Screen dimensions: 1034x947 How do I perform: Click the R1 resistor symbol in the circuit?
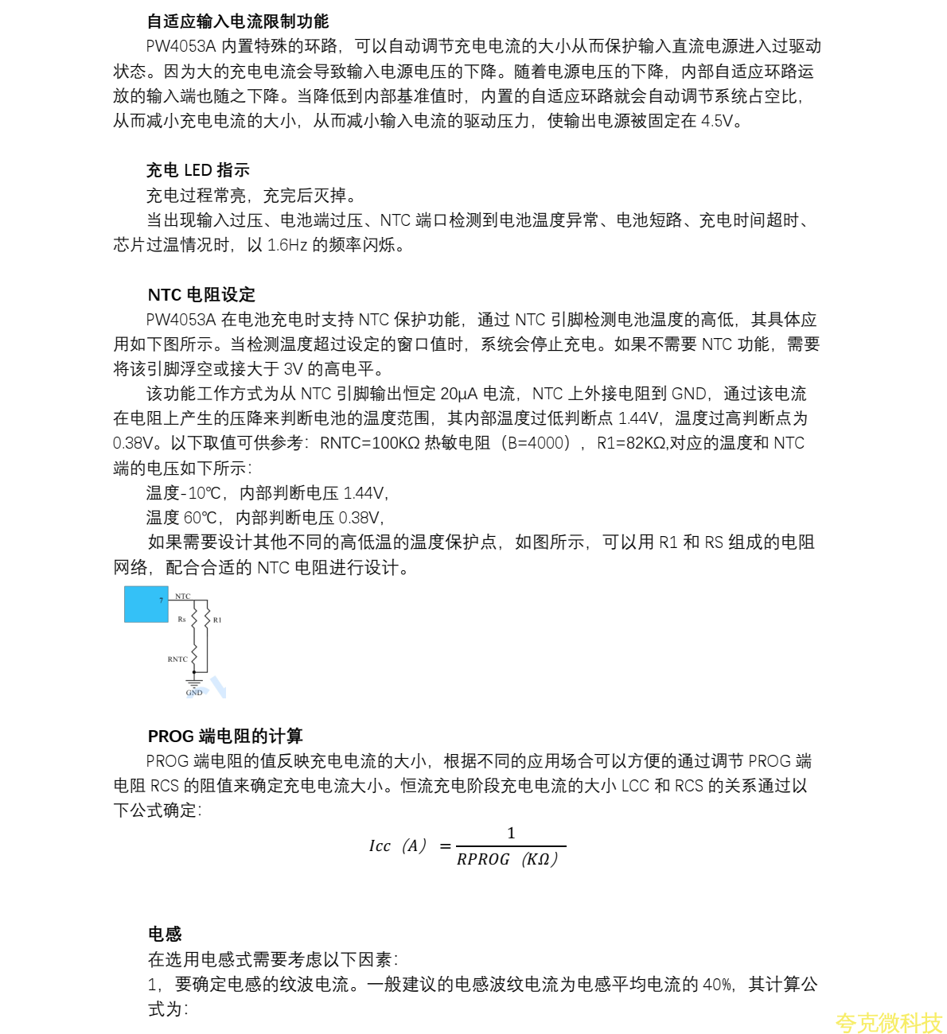coord(207,618)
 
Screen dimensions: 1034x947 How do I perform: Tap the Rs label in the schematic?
coord(181,619)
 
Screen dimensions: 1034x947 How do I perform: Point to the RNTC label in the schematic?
coord(177,659)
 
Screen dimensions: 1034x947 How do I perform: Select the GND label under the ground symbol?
coord(194,693)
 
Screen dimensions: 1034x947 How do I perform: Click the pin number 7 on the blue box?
coord(161,601)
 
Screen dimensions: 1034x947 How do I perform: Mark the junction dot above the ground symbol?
coord(193,672)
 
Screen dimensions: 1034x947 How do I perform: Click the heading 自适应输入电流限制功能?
coord(238,21)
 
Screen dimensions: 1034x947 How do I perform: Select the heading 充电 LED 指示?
coord(198,170)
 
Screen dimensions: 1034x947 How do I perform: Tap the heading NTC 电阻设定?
coord(201,295)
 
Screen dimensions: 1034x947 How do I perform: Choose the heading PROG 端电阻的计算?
coord(225,737)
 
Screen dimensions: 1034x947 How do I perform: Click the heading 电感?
coord(165,934)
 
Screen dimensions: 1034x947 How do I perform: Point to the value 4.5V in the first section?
coord(717,121)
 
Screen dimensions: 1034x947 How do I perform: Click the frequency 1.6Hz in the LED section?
coord(287,245)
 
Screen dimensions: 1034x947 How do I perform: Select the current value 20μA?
coord(459,394)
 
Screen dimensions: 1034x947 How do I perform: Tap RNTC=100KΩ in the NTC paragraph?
coord(369,443)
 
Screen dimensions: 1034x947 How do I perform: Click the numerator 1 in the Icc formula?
coord(511,833)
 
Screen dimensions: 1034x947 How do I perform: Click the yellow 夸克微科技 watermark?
coord(888,1023)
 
